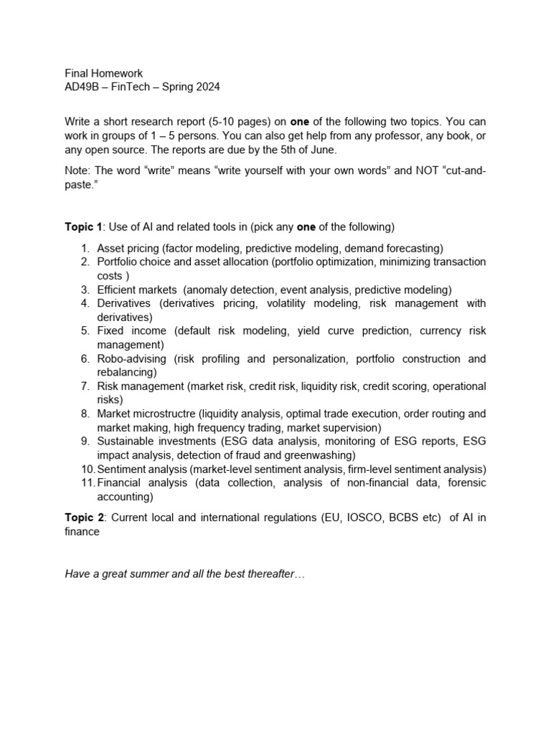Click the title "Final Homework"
(104, 73)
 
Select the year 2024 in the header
(207, 87)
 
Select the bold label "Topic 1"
(84, 227)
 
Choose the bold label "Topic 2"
(84, 518)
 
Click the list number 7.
(84, 386)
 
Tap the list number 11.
(87, 483)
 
